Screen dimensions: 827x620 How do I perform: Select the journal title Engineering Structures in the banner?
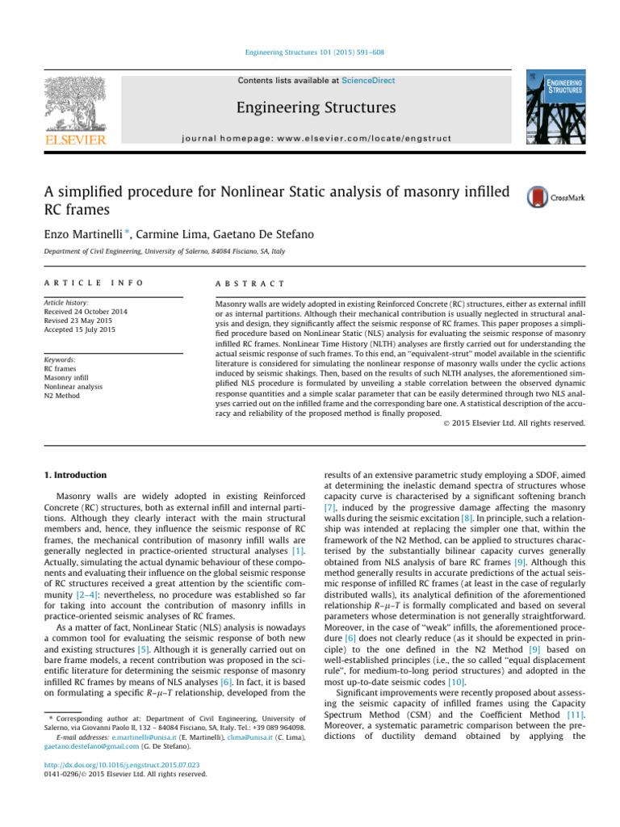coord(309,107)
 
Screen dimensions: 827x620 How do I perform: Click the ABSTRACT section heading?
coord(246,283)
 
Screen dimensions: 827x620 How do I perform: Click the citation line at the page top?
coord(309,52)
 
